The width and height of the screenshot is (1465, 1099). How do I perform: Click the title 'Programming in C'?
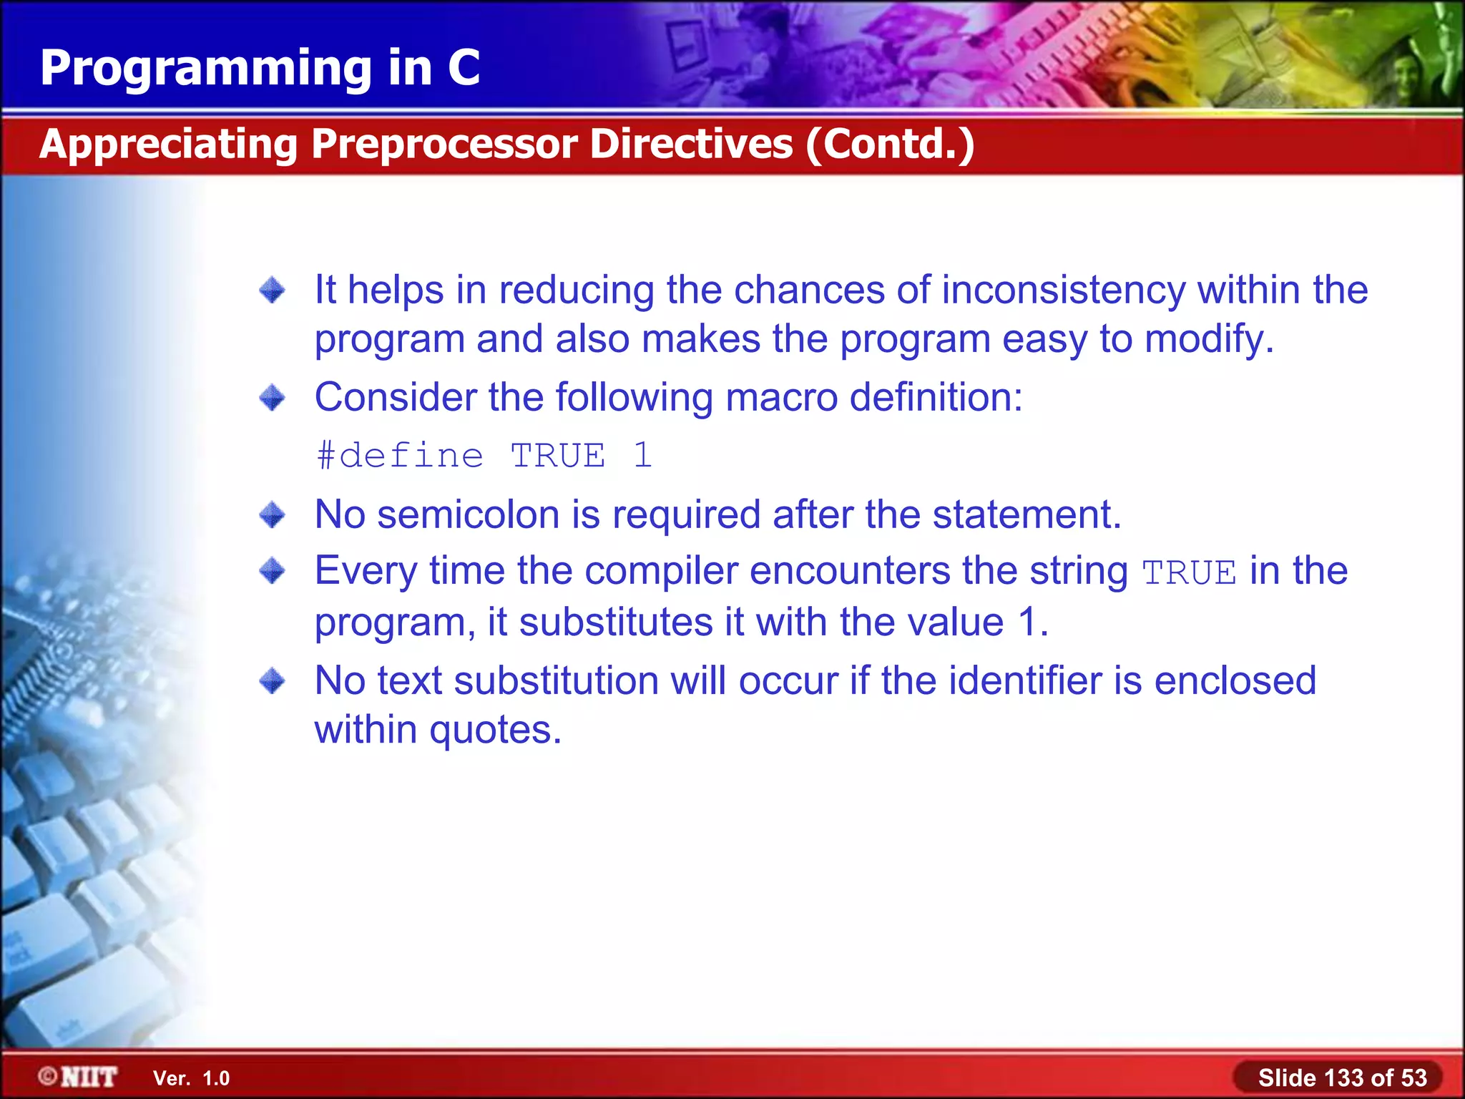coord(260,68)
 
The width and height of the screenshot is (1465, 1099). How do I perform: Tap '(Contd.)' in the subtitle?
coord(890,144)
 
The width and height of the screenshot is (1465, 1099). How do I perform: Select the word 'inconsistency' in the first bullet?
coord(1064,290)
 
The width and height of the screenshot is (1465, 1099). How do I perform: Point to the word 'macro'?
coord(781,397)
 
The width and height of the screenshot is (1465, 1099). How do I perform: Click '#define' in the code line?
coord(400,456)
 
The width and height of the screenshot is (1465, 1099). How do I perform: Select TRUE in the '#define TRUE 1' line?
coord(558,456)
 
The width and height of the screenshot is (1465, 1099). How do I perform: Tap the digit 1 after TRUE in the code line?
coord(642,456)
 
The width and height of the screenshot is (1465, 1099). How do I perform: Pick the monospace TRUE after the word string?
coord(1189,573)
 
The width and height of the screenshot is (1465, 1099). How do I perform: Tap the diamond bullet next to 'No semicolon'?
coord(272,514)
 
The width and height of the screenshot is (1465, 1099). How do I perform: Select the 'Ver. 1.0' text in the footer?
coord(191,1078)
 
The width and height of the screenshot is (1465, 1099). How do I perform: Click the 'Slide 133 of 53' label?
coord(1342,1078)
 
